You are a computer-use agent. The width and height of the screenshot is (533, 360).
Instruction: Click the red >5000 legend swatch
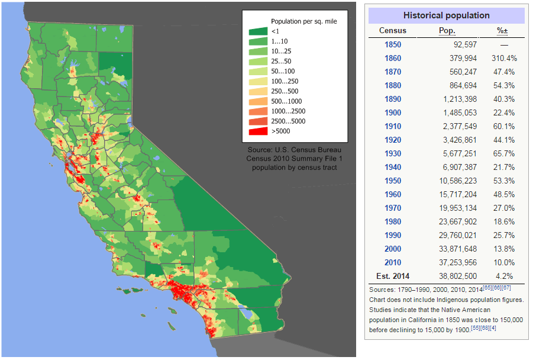pos(257,131)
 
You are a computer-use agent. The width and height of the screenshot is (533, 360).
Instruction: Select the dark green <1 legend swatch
pos(257,31)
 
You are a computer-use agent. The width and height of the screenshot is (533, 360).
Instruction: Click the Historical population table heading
pos(446,15)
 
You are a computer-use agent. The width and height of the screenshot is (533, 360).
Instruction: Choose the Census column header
pos(393,30)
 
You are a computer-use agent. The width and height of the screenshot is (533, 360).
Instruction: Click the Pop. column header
pos(447,30)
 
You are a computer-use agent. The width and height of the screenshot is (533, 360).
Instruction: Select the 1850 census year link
pos(393,44)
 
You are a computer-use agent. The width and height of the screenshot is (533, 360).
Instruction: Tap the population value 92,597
pos(461,44)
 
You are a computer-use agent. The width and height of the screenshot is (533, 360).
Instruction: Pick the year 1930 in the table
pos(393,153)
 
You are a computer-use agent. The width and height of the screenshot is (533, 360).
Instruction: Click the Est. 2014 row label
pos(393,276)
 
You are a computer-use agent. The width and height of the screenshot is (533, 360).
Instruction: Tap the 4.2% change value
pos(505,276)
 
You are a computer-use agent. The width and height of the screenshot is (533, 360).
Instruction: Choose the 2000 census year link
pos(393,249)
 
